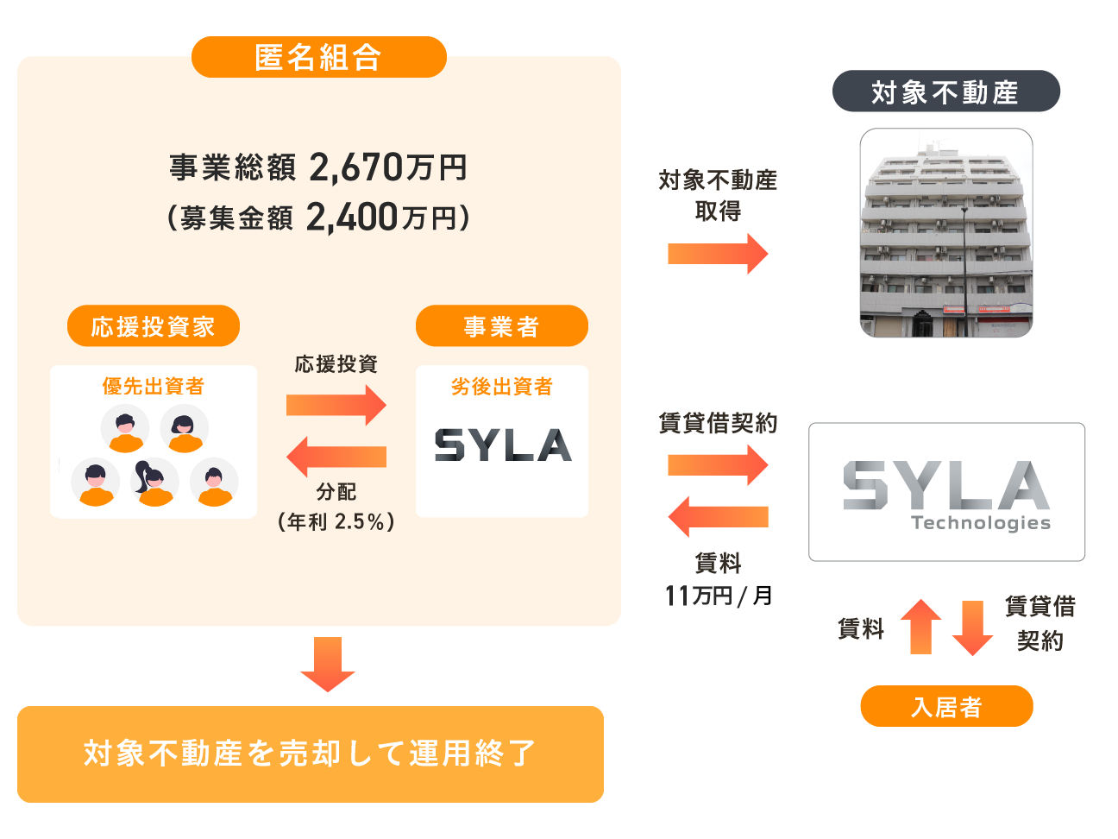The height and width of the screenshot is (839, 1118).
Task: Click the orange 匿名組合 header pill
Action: tap(319, 57)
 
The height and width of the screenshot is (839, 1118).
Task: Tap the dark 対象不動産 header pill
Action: tap(945, 91)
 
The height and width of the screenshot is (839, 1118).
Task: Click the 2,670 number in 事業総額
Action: tap(356, 167)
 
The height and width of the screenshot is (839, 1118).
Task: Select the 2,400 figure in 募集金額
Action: tap(351, 217)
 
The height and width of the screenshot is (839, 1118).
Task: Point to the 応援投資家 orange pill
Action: tap(154, 325)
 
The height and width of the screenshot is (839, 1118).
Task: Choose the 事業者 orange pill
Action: tap(502, 325)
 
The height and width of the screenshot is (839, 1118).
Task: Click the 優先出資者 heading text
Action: tap(154, 386)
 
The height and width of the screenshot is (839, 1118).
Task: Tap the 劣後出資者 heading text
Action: tap(502, 386)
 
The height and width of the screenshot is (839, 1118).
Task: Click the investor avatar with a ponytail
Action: tap(154, 482)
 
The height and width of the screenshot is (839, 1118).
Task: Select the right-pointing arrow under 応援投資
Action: tap(336, 405)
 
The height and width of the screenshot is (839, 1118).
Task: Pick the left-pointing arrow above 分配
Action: tap(336, 457)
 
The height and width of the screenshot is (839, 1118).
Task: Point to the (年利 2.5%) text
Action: tap(336, 521)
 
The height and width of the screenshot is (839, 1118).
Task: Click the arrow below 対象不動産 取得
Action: tap(718, 254)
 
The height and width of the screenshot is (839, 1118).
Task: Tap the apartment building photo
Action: tap(946, 233)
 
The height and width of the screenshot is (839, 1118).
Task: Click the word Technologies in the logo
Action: tap(981, 523)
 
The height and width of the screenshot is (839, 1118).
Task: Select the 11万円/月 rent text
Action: tap(719, 596)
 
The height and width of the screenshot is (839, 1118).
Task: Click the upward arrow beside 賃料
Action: tap(921, 627)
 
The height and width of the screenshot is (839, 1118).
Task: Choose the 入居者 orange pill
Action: tap(947, 706)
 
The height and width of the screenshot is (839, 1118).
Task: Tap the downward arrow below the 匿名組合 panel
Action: tap(328, 665)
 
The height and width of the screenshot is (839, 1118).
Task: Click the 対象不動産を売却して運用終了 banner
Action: tap(311, 754)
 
